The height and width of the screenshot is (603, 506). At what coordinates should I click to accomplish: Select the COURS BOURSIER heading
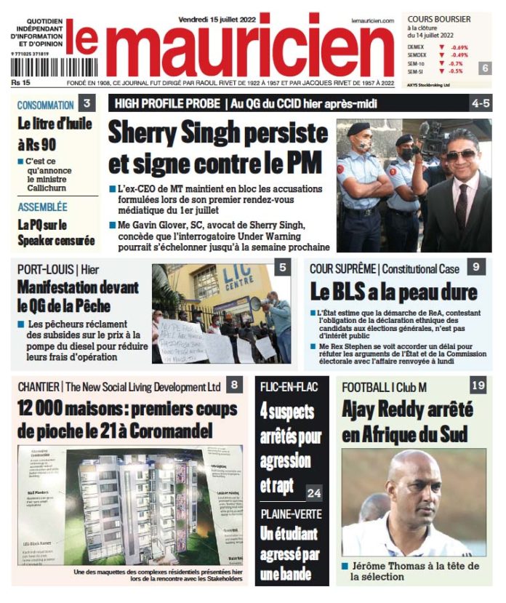[439, 19]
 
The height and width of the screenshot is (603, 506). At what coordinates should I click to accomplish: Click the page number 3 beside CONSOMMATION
[87, 103]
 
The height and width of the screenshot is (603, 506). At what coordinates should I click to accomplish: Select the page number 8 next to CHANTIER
[233, 385]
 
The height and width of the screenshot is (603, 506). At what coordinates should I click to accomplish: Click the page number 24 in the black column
[314, 492]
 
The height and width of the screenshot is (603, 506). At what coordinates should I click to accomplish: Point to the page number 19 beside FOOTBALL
[478, 385]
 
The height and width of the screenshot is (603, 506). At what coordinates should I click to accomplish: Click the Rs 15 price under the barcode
[20, 81]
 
